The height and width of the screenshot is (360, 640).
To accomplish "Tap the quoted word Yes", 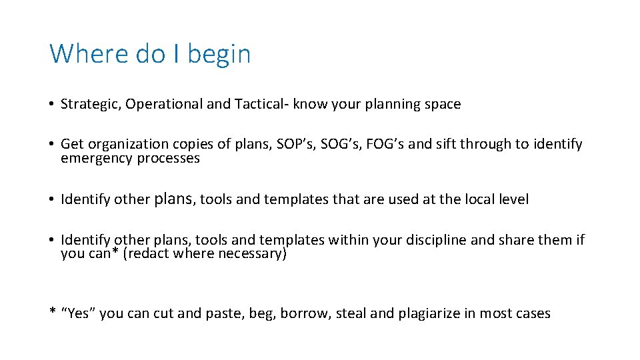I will [79, 313].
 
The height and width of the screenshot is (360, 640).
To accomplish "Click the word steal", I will [350, 313].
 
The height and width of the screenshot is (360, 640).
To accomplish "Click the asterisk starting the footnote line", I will [53, 312].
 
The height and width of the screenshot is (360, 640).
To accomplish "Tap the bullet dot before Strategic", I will [51, 105].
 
